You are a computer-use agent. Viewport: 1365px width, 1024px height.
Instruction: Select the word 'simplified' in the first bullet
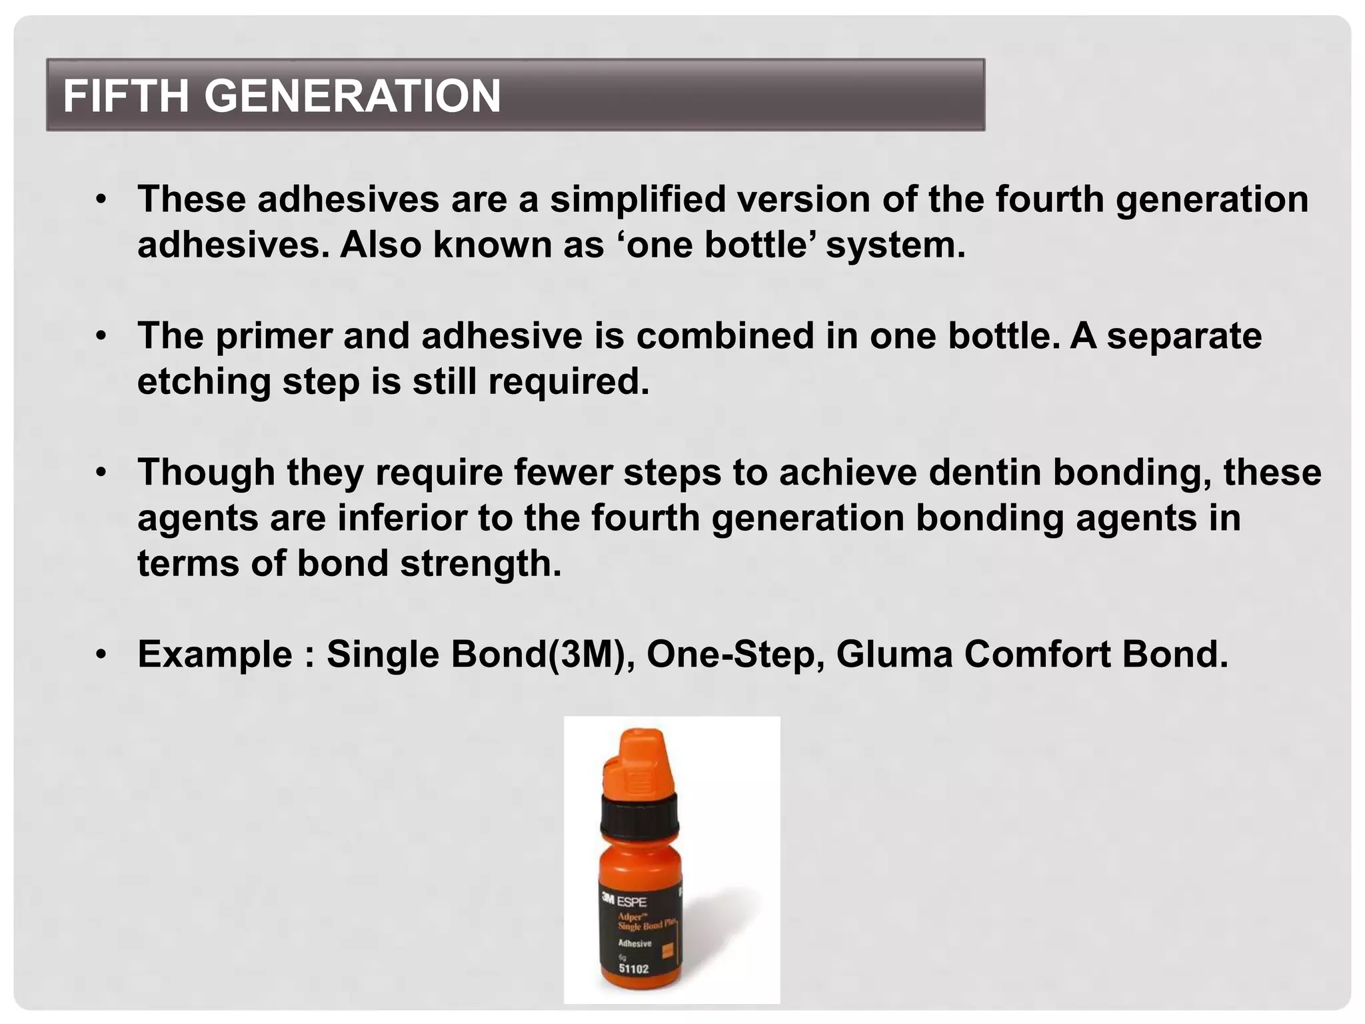coord(637,199)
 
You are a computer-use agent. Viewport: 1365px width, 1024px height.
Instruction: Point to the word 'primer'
coord(273,335)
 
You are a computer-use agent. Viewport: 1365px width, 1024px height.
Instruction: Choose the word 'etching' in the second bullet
coord(204,381)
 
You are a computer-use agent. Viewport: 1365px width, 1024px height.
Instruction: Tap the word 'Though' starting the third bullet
coord(207,472)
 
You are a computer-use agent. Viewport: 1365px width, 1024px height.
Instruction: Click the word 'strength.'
coord(481,563)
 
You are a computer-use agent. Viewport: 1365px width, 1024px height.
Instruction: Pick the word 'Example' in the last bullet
coord(215,654)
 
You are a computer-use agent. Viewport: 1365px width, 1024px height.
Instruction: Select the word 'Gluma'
coord(894,654)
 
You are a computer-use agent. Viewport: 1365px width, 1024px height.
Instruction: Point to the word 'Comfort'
coord(1036,654)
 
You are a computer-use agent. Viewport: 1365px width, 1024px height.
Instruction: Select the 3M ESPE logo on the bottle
coord(624,901)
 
